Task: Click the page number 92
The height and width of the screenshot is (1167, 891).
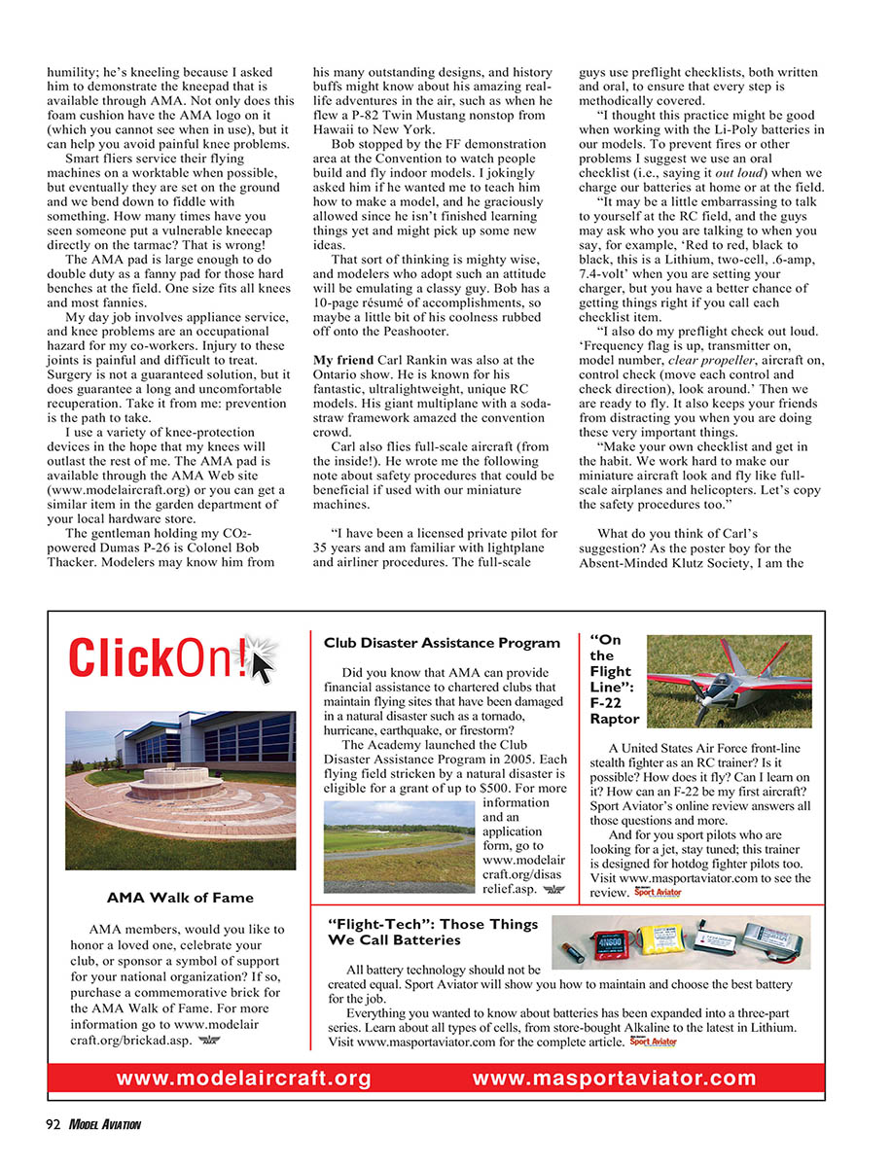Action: (x=52, y=1124)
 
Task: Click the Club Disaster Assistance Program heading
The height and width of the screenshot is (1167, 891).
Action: (x=442, y=643)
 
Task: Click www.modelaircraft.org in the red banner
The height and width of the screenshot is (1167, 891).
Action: (x=244, y=1078)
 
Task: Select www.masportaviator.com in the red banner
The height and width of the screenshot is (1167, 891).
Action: (x=615, y=1078)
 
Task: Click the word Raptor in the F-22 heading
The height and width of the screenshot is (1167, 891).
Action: (x=616, y=719)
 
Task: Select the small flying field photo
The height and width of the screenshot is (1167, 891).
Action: (x=399, y=841)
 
